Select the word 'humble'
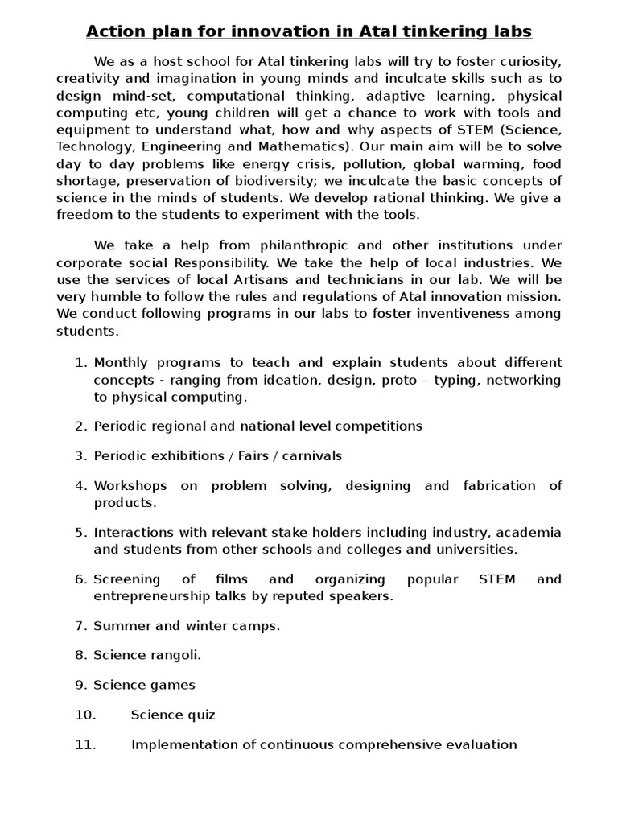(x=117, y=296)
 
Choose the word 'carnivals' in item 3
(x=311, y=455)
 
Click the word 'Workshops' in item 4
(x=130, y=485)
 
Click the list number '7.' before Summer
(x=80, y=625)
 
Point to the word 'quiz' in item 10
(x=200, y=715)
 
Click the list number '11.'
(x=85, y=744)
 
